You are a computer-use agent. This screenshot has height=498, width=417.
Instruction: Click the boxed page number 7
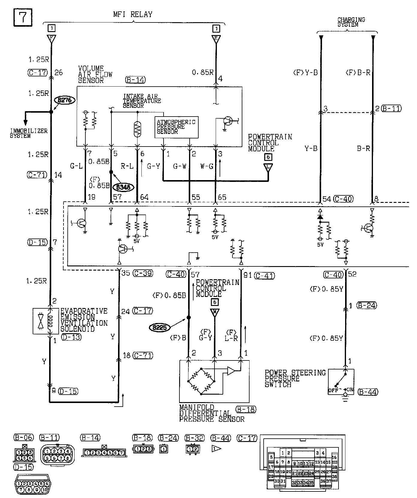[23, 18]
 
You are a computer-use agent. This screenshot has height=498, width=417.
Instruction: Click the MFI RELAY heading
[133, 14]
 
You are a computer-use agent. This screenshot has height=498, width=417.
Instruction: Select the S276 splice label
[64, 100]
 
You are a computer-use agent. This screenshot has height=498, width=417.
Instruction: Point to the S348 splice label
[123, 187]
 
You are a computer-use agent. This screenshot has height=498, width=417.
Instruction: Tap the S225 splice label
[159, 328]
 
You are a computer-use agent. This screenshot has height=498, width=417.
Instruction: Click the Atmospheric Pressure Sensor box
[176, 127]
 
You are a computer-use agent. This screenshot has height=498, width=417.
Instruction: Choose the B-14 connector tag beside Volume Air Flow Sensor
[135, 80]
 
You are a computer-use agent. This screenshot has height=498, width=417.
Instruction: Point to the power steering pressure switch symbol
[341, 382]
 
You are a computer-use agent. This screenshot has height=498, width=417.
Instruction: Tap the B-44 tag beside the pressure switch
[368, 392]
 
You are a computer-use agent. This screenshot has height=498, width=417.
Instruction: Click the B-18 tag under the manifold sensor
[246, 409]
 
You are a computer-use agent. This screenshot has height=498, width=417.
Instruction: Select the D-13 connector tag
[71, 337]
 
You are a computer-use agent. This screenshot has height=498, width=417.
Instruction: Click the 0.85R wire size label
[203, 72]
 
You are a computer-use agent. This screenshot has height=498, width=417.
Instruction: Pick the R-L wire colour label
[127, 166]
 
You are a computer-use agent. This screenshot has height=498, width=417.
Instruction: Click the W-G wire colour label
[207, 166]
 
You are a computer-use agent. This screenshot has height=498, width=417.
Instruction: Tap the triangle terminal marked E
[216, 39]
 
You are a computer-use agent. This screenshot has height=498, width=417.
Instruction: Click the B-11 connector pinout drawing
[56, 455]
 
